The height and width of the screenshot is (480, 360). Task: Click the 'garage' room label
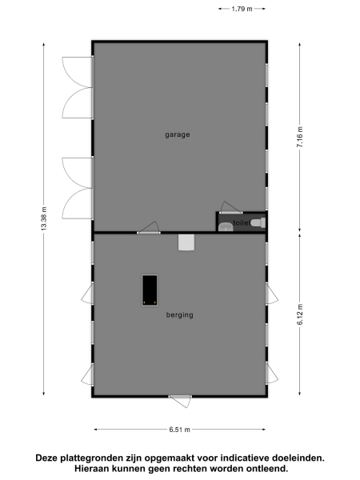[178, 134]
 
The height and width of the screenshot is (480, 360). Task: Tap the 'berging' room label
[179, 314]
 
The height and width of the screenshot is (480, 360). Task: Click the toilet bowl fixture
[256, 223]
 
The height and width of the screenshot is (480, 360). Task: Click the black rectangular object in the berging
[149, 290]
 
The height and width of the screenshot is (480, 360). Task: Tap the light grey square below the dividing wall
[186, 242]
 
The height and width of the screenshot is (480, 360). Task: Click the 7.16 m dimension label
[300, 138]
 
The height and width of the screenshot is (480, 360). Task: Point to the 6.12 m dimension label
[300, 314]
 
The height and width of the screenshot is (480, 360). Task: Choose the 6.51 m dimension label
[179, 430]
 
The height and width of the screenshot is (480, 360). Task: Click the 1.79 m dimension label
[242, 9]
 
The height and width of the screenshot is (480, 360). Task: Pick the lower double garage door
[78, 188]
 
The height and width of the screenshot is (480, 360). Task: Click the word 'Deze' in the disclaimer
[47, 458]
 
